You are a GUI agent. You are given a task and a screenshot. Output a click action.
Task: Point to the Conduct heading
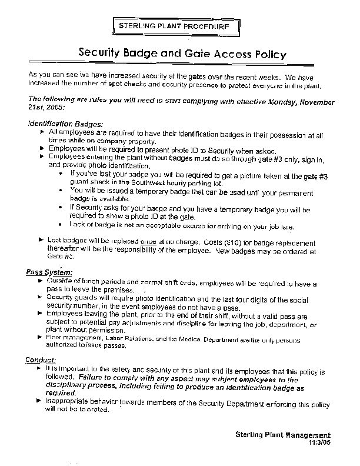[x=41, y=360]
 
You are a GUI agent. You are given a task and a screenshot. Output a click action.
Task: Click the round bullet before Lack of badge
[x=62, y=225]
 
